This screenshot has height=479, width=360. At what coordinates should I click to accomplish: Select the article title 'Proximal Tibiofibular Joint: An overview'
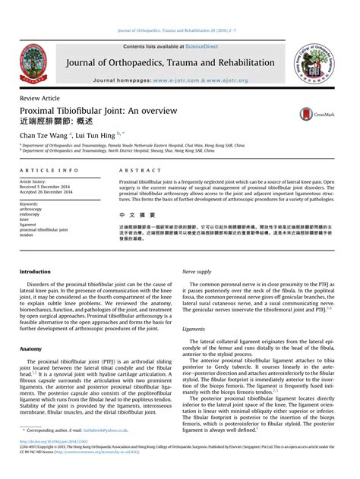click(98, 110)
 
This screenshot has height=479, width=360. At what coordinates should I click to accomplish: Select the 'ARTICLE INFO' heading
click(48, 172)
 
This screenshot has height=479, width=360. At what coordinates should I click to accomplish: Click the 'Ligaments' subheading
click(194, 329)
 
